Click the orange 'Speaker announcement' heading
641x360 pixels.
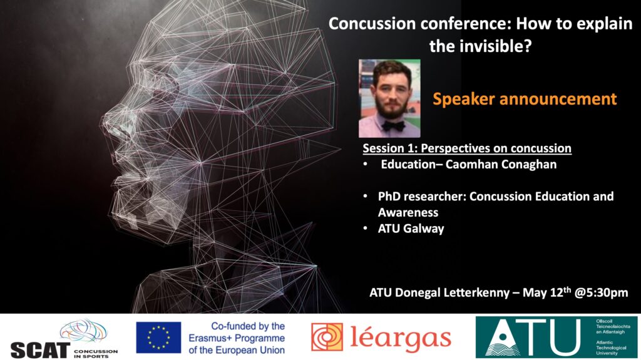coord(525,99)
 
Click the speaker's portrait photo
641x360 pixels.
coord(389,98)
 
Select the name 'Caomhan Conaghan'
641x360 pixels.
coord(501,165)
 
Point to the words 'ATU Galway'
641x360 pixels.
coord(411,229)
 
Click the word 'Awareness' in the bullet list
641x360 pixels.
coord(408,212)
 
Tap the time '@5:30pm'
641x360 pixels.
coord(601,293)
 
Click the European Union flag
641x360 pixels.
coord(158,337)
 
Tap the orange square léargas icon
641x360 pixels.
coord(327,337)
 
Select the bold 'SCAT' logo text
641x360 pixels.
coord(40,350)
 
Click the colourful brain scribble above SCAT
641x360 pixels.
coord(83,331)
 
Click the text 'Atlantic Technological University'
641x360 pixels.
coord(611,347)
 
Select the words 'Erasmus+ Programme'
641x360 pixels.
coord(237,338)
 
